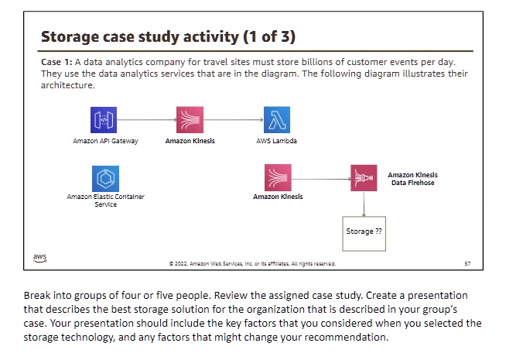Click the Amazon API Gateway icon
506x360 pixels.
pos(104,120)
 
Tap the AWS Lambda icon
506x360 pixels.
pos(277,120)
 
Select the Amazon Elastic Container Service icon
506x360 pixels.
pos(105,179)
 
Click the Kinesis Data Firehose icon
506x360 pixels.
pos(364,178)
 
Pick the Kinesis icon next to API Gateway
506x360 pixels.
pos(190,120)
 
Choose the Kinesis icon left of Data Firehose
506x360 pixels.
pos(278,177)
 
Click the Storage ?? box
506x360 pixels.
pos(364,234)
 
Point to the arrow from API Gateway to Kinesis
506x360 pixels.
pos(146,120)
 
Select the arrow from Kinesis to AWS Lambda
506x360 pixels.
pos(234,120)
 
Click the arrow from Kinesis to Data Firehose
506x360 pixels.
pos(321,179)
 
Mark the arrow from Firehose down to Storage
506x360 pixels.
pos(364,204)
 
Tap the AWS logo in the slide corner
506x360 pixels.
pos(39,258)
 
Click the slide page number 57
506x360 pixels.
pos(467,263)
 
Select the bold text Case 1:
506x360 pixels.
pos(56,62)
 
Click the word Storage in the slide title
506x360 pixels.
pos(70,37)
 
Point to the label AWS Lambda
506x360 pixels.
pos(276,141)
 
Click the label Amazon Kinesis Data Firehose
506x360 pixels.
pos(412,179)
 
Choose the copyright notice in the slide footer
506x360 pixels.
pos(252,263)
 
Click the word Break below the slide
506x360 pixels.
pos(37,296)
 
